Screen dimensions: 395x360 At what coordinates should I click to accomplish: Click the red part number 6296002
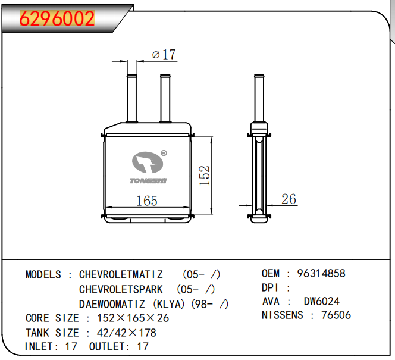click(x=57, y=18)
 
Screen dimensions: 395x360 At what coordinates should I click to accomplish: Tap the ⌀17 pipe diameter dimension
click(x=164, y=54)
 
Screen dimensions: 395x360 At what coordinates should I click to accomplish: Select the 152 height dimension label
click(x=204, y=176)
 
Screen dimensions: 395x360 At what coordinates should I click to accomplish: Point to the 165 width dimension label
click(x=146, y=201)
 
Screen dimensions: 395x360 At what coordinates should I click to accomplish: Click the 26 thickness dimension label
click(x=289, y=199)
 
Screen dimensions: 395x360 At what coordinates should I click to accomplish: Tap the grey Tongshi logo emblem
click(x=148, y=162)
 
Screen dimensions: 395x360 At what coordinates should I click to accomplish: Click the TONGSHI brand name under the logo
click(x=148, y=181)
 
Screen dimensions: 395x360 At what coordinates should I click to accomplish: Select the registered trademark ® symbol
click(x=164, y=153)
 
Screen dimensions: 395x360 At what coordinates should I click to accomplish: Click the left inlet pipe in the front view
click(x=131, y=98)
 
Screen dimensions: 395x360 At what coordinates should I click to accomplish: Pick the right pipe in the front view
click(x=165, y=98)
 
